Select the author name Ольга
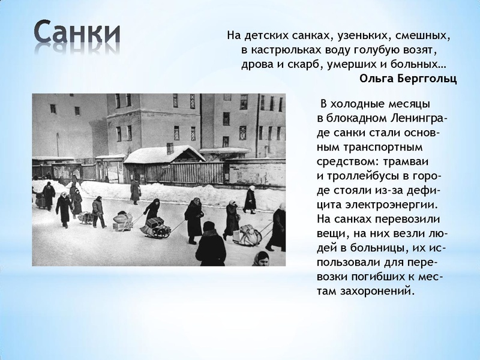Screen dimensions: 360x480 [379, 79]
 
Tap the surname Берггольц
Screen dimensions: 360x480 [428, 79]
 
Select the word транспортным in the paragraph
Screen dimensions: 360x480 [372, 146]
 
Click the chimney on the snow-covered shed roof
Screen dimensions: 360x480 [170, 148]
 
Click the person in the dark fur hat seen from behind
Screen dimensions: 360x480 [210, 244]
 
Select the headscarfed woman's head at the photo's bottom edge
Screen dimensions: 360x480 [260, 259]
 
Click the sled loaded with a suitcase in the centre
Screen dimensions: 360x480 [155, 226]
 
